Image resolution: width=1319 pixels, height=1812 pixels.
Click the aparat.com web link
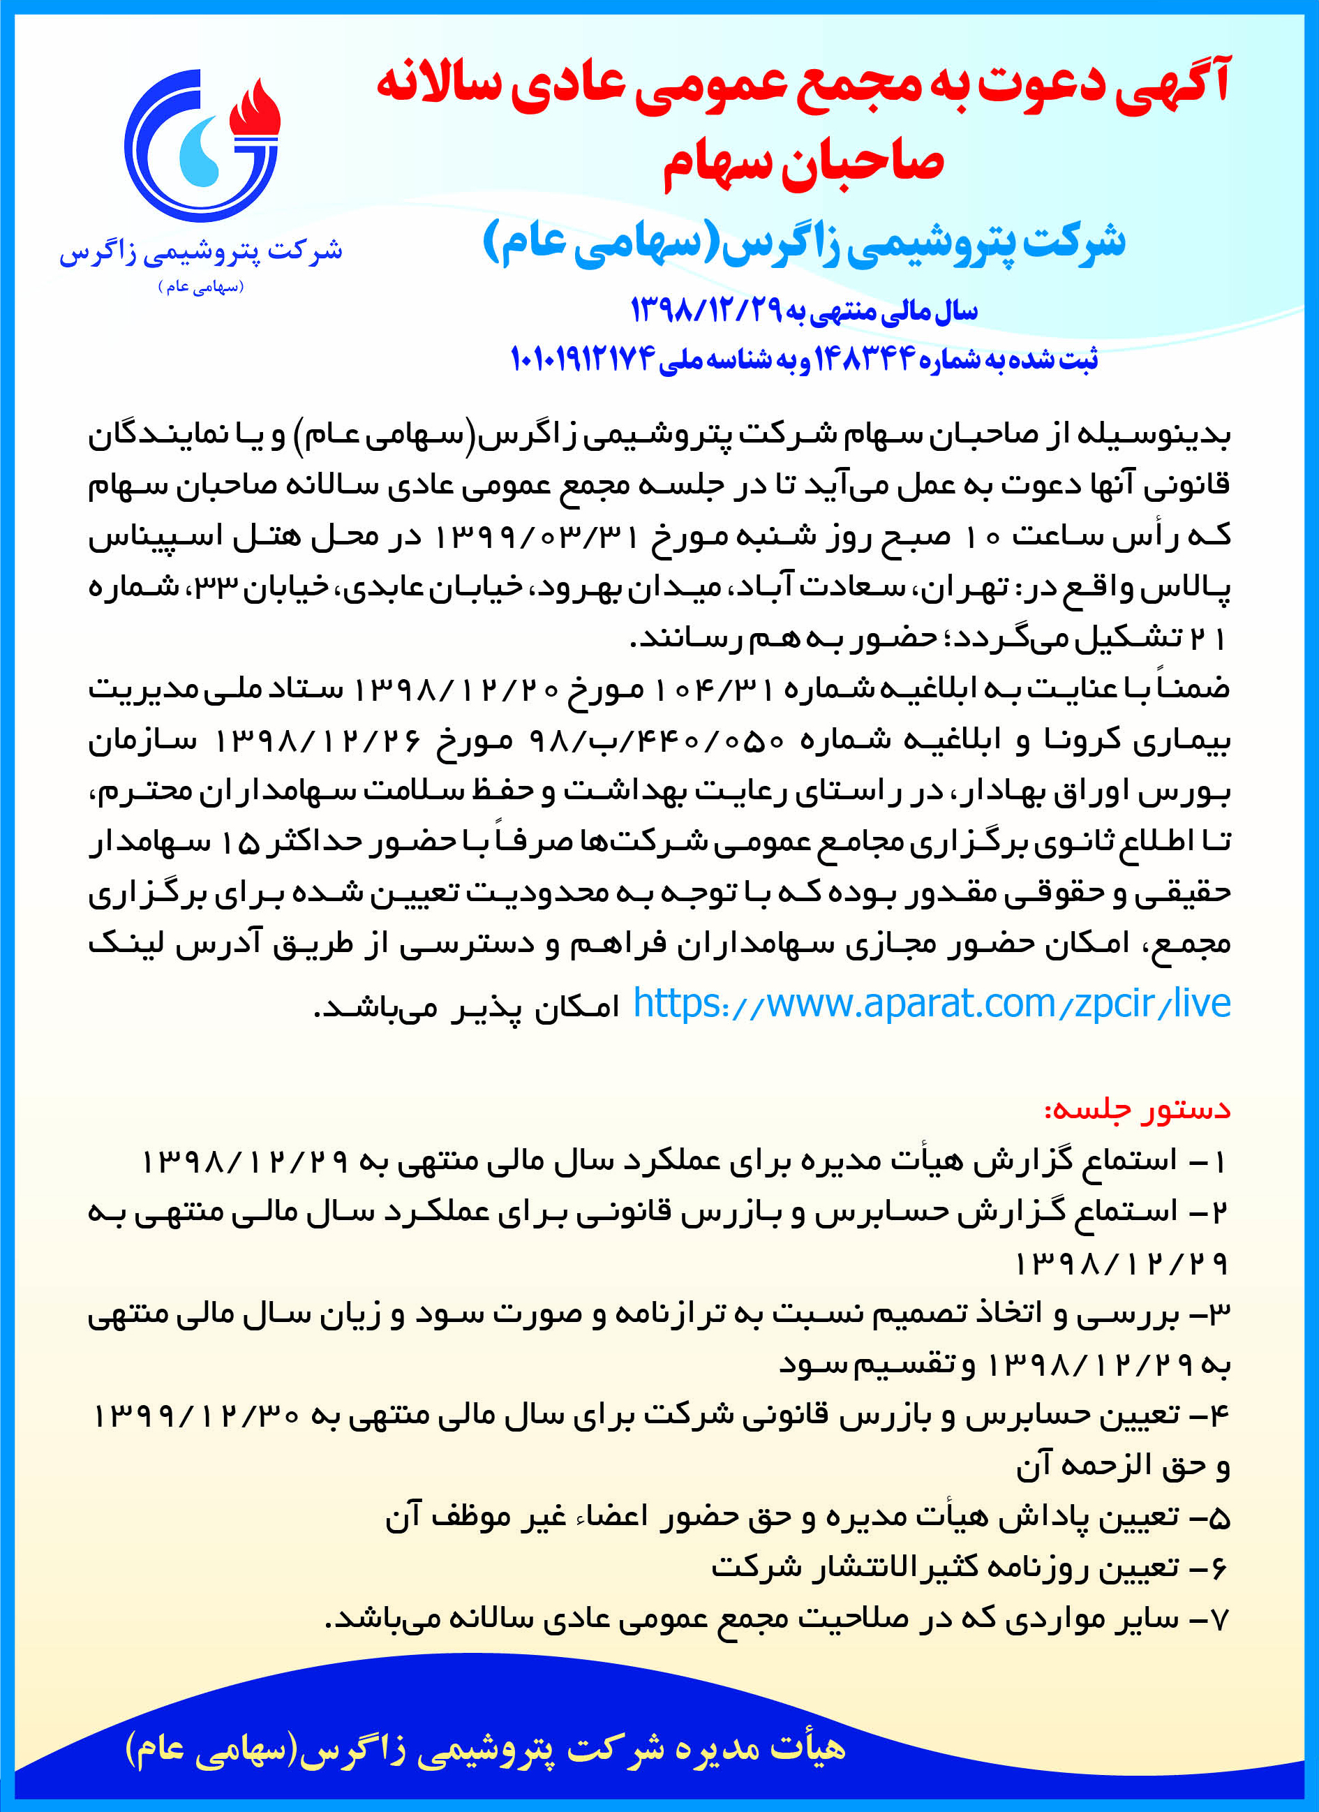931,1004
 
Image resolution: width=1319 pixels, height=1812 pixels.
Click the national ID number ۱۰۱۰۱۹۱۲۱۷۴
583,359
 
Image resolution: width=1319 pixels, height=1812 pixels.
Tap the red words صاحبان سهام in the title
802,163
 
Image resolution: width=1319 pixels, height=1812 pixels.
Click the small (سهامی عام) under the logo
200,286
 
